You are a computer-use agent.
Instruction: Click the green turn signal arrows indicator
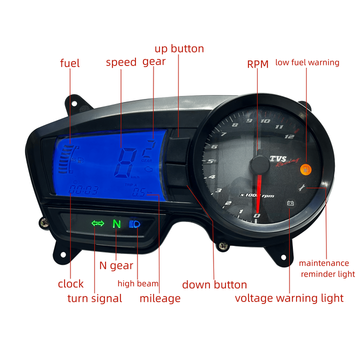97,223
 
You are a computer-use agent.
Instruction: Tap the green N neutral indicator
116,223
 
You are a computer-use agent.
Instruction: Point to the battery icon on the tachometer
289,203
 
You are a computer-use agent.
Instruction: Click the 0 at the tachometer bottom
257,215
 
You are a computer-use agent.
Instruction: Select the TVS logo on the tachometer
278,159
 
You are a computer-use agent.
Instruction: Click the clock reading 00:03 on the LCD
83,190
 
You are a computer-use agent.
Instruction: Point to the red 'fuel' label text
70,63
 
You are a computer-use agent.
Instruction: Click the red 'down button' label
214,285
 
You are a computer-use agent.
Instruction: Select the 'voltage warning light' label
289,298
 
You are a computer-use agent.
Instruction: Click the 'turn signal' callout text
94,299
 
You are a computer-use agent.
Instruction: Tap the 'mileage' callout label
159,299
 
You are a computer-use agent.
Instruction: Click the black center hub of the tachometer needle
260,164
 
